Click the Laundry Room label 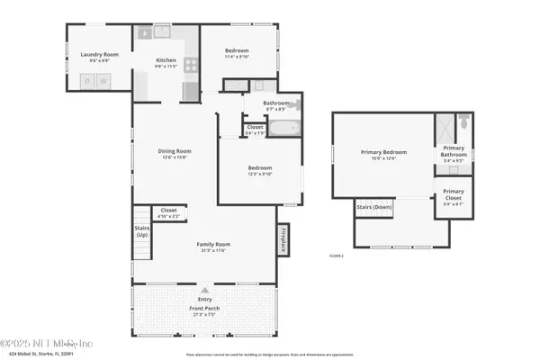click(99, 55)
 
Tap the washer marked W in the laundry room click(103, 82)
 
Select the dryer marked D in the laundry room click(87, 82)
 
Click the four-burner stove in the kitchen click(191, 65)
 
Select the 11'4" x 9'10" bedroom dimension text click(237, 57)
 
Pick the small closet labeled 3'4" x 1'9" click(256, 130)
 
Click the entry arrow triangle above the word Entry click(205, 290)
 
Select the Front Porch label click(204, 308)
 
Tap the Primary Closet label click(453, 193)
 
